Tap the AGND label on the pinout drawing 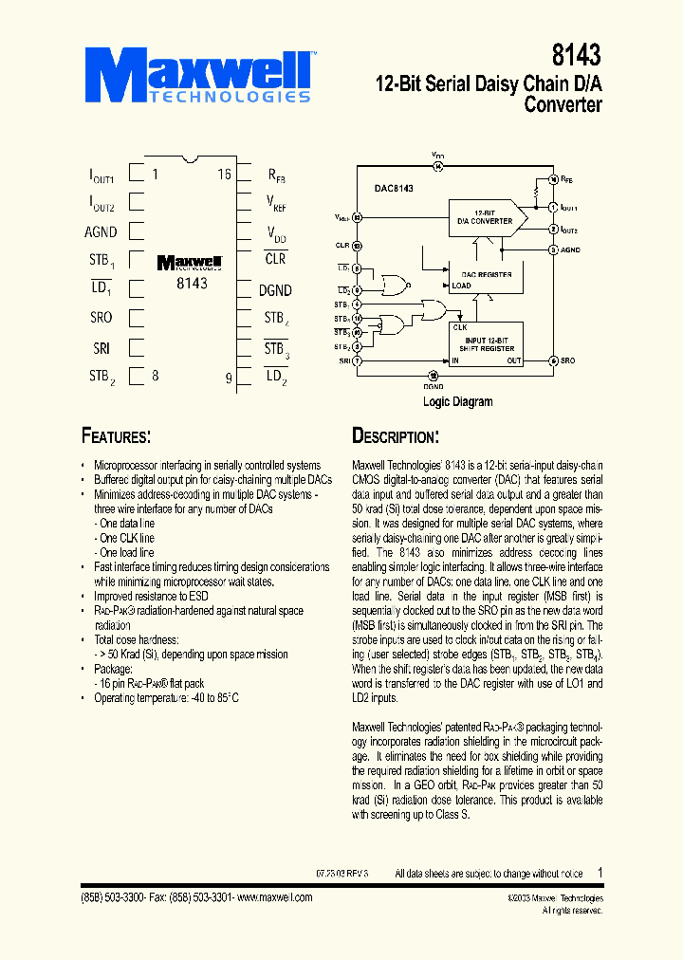(x=101, y=231)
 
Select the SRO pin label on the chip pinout (x=101, y=318)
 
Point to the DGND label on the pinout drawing (x=275, y=290)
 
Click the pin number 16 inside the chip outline (x=224, y=175)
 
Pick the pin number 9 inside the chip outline (x=228, y=378)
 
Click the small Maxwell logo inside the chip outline (x=190, y=263)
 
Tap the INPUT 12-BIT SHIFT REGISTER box (x=487, y=343)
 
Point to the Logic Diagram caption (x=457, y=401)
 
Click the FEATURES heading (x=116, y=436)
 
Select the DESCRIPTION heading (x=396, y=436)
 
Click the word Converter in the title (x=563, y=105)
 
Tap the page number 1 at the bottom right (x=600, y=873)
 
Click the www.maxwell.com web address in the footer (x=274, y=897)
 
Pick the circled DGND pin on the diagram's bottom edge (x=433, y=375)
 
